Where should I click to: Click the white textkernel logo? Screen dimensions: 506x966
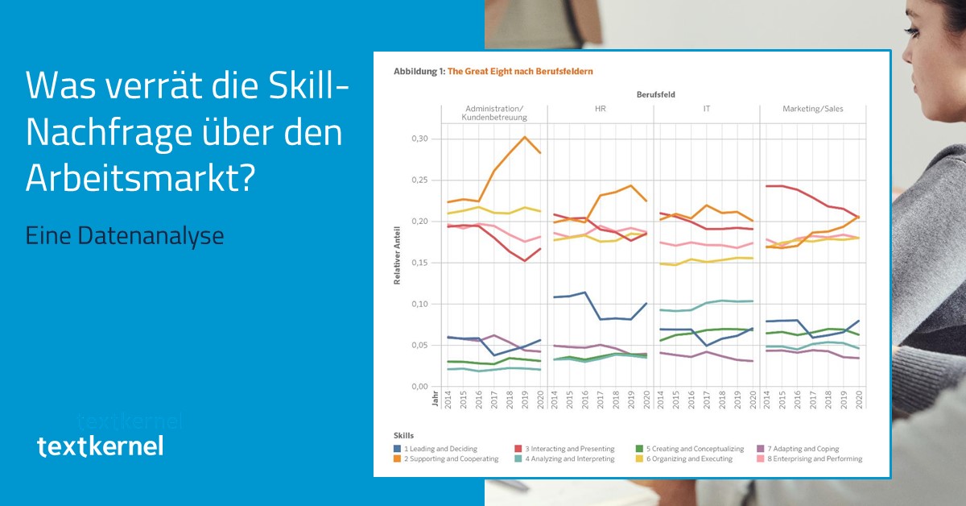click(x=100, y=446)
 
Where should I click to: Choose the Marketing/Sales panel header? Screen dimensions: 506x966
click(x=813, y=109)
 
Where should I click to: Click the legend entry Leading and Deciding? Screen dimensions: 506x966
click(x=440, y=449)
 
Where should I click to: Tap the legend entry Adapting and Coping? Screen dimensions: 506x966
click(x=802, y=449)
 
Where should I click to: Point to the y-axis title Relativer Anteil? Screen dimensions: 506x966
click(x=398, y=255)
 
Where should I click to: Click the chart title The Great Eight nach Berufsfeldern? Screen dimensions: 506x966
click(x=520, y=72)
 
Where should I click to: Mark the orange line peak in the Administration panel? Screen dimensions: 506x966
click(x=525, y=136)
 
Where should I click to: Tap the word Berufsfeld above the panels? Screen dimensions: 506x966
click(x=655, y=94)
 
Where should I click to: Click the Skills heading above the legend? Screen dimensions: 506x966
click(x=403, y=435)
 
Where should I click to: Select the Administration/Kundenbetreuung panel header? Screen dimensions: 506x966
click(x=494, y=113)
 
